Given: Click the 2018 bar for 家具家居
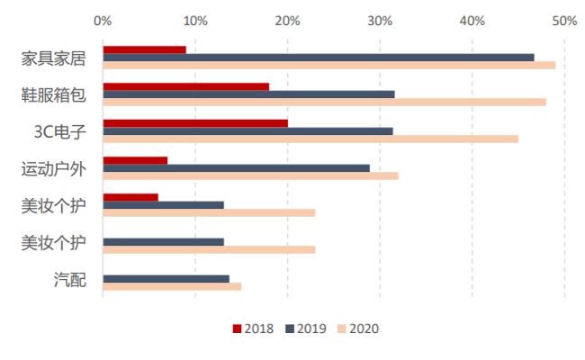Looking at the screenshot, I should click(x=144, y=49).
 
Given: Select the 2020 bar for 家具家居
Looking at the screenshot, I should click(x=328, y=65).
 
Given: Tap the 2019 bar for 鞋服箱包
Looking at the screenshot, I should click(x=248, y=94).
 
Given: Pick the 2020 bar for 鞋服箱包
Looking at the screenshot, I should click(x=324, y=102).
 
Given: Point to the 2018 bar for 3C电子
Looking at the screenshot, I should click(x=195, y=122).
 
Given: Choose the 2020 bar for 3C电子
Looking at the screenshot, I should click(x=310, y=139).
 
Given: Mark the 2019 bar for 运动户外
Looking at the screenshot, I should click(x=236, y=167).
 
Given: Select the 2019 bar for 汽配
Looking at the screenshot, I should click(x=166, y=278).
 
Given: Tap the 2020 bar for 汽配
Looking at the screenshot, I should click(x=172, y=286).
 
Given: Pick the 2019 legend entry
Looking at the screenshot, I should click(x=305, y=328).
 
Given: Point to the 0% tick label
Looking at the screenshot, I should click(x=103, y=19).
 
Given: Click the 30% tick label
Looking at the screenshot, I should click(x=380, y=19).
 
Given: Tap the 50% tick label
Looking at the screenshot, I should click(x=564, y=19).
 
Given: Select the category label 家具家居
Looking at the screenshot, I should click(x=54, y=58).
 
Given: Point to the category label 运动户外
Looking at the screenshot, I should click(x=54, y=169).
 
